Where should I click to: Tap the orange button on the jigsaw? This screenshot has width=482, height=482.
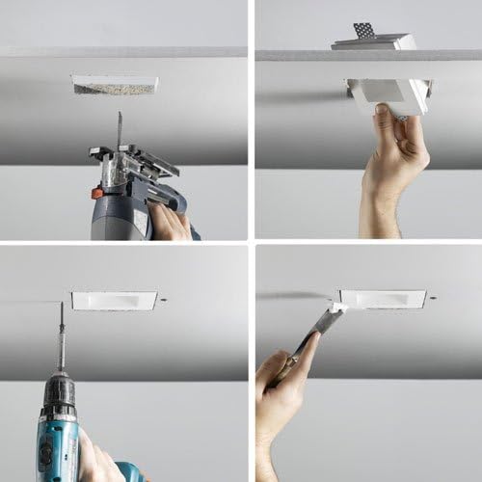point(97,193)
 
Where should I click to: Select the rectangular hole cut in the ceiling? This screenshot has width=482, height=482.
point(114,86)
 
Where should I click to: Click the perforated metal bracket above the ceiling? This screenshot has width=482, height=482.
point(362,31)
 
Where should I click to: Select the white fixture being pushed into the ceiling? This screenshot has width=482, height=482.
point(388,93)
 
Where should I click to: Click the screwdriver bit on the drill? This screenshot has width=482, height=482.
point(62,333)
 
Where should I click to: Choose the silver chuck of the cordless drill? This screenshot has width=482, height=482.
point(60,390)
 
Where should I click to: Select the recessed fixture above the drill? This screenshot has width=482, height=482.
point(114,301)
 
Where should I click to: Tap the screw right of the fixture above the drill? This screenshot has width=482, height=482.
point(165,301)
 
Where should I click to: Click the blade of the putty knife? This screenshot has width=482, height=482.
point(334,317)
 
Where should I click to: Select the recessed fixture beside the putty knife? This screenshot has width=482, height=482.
point(382,299)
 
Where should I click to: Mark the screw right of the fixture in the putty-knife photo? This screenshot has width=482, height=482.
point(432,298)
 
